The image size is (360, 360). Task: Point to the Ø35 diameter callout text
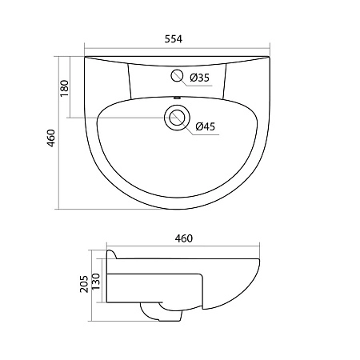[x=199, y=78]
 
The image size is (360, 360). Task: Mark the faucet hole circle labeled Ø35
[x=177, y=77]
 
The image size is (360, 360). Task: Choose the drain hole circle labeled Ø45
[x=176, y=118]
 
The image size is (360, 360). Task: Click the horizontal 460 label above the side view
[x=184, y=238]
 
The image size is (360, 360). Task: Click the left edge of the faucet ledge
[x=130, y=80]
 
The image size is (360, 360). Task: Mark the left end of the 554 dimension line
[x=84, y=46]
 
